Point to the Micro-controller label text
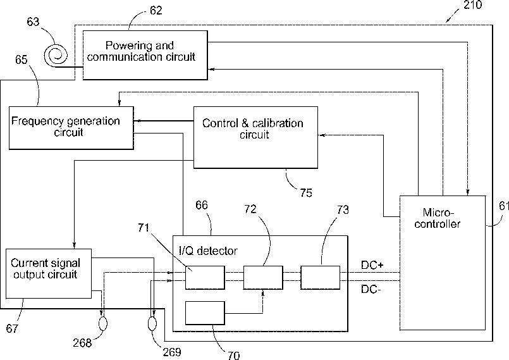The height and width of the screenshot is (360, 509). pos(438,218)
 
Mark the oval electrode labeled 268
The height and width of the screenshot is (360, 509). pos(103,323)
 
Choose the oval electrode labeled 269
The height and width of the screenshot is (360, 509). pos(152,323)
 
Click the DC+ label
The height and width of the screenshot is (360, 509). pos(372,265)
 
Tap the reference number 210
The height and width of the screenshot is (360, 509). pos(473,5)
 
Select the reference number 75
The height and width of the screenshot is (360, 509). pos(306,193)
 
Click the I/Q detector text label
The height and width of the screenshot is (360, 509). pos(209,251)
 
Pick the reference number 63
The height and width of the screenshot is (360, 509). pos(33,22)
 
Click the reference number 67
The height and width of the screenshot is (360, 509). pos(12,328)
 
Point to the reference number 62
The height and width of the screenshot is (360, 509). pos(156,11)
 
